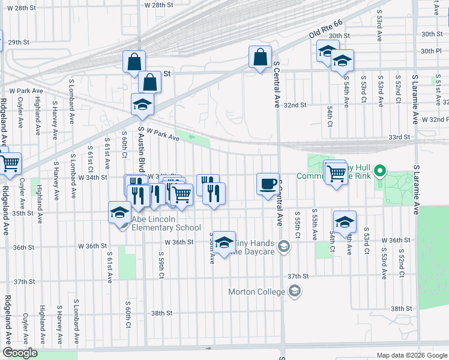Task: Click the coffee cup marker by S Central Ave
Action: click(268, 183)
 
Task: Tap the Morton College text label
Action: click(256, 292)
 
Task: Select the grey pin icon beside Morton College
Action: click(295, 292)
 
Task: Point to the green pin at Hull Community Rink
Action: click(379, 173)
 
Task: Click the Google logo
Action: click(20, 353)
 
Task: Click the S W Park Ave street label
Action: click(160, 134)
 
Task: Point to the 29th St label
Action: click(19, 42)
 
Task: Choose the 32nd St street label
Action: click(295, 104)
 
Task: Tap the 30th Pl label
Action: click(431, 51)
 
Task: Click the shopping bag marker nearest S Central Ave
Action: click(260, 58)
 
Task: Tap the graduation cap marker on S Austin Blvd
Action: click(142, 104)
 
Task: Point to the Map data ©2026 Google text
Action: click(411, 355)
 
